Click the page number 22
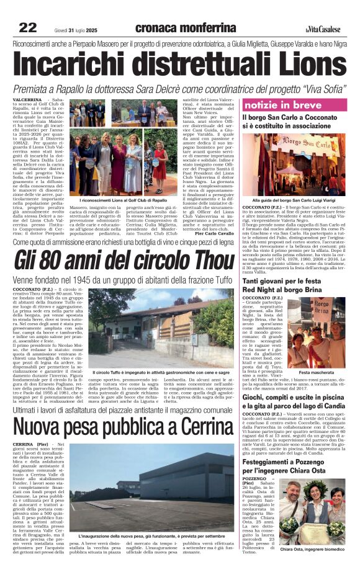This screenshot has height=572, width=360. click(27, 27)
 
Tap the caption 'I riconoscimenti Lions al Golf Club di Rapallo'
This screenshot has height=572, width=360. click(123, 200)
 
